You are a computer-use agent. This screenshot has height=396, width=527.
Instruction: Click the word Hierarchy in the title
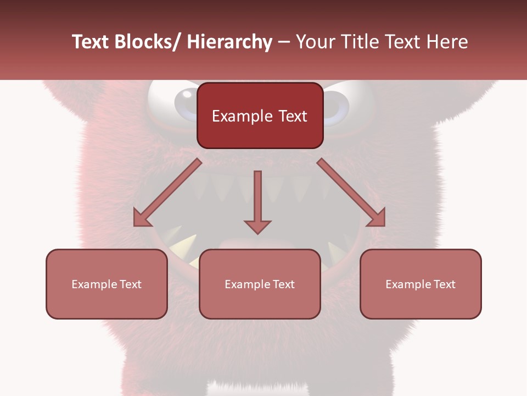[x=229, y=42]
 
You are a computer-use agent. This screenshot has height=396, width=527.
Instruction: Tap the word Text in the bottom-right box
[x=444, y=284]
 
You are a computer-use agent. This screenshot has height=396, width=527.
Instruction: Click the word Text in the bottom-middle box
[x=283, y=284]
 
